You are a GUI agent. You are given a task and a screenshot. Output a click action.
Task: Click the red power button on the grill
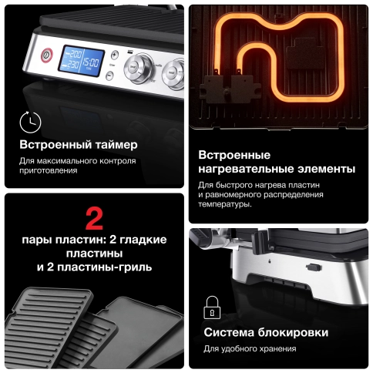point(45,54)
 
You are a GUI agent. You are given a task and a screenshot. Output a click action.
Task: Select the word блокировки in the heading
point(294,333)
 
